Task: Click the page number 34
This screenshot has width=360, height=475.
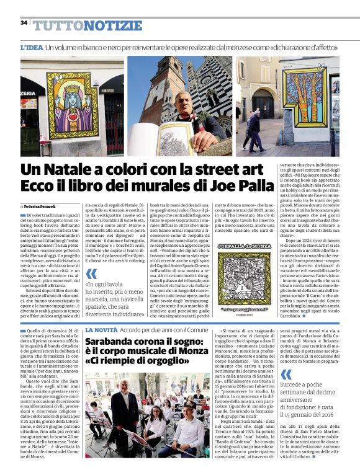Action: tap(24, 23)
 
